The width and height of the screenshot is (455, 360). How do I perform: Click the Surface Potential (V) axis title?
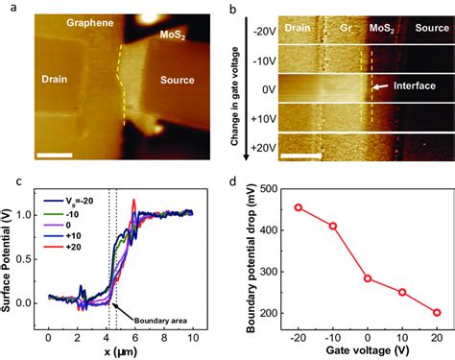(x=11, y=256)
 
